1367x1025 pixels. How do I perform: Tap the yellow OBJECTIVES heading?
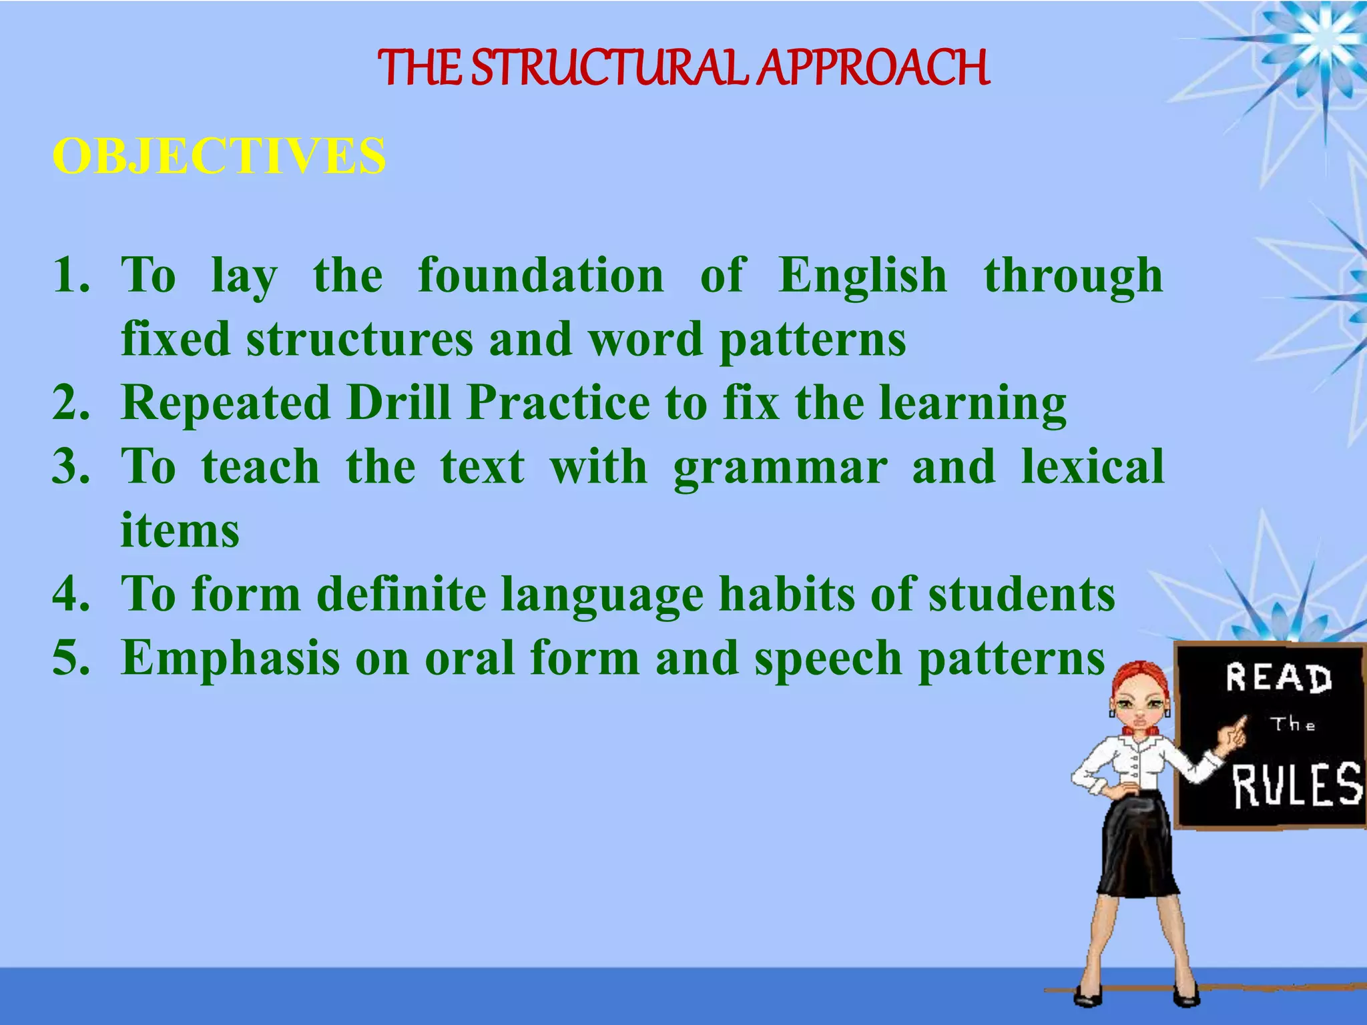tap(219, 156)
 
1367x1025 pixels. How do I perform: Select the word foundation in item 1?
tap(541, 275)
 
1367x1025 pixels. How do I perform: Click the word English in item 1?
tap(862, 275)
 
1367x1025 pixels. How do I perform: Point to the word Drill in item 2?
tap(399, 402)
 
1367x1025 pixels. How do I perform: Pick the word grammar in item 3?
tap(780, 466)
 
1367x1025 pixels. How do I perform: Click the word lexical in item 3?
tap(1093, 466)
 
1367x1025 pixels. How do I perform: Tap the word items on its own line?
tap(180, 531)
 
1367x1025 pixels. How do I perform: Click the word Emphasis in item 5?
tap(230, 658)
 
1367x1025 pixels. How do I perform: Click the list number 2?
tap(71, 402)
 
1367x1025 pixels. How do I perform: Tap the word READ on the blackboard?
tap(1278, 678)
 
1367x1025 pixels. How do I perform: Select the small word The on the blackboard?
tap(1292, 724)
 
